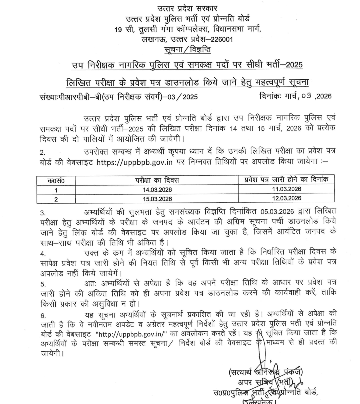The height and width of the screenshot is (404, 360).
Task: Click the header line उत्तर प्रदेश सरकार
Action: (180, 8)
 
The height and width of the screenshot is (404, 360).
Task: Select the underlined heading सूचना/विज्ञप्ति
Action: (180, 50)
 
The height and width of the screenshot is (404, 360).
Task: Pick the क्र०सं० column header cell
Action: (56, 180)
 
